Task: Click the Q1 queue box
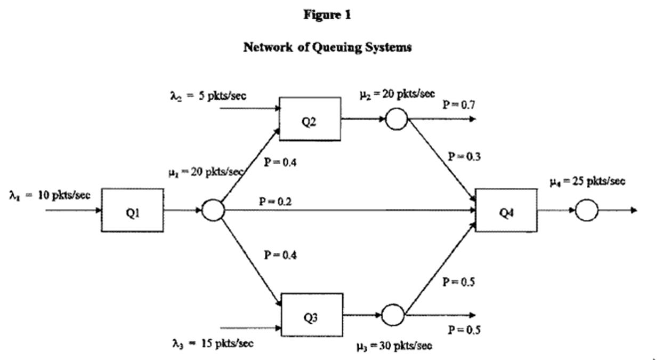pos(132,210)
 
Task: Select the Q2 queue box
pos(310,119)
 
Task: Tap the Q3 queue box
pos(311,315)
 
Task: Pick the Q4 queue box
pos(506,210)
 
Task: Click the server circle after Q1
pos(213,210)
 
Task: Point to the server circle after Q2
pos(396,119)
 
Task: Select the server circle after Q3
pos(393,315)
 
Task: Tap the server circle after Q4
pos(587,210)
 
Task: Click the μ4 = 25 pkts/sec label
pos(587,181)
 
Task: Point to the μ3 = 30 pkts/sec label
pos(394,346)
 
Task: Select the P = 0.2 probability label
pos(276,202)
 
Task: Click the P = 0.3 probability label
pos(464,156)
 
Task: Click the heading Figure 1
pos(327,15)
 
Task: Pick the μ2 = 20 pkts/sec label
pos(397,94)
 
